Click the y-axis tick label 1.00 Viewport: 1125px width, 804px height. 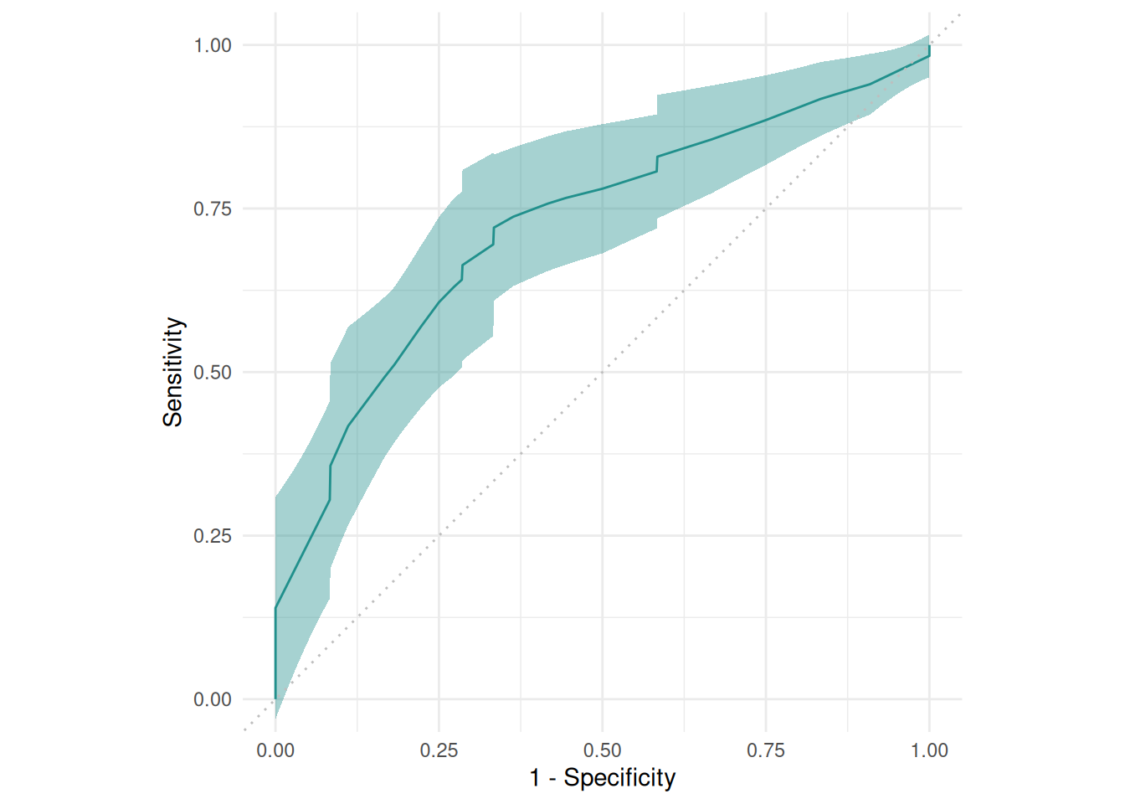212,45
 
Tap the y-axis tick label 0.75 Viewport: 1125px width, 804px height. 212,209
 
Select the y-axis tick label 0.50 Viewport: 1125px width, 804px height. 212,372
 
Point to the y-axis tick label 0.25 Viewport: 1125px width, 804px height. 212,536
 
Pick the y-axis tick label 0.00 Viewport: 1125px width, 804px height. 212,699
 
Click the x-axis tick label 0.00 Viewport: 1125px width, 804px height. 275,750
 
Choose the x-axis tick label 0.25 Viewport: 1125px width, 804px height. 439,750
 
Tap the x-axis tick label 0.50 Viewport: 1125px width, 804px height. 602,750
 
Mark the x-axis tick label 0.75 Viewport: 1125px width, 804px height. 766,750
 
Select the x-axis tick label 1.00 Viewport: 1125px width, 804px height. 929,750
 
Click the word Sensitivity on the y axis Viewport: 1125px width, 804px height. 173,372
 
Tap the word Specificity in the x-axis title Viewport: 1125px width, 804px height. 619,778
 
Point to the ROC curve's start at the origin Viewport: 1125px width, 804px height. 275,698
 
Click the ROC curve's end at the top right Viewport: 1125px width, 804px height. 929,47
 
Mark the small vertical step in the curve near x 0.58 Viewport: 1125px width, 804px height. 657,163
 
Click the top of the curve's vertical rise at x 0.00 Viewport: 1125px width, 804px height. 275,609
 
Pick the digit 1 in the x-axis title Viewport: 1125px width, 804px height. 535,778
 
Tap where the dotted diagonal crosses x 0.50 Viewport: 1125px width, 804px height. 602,372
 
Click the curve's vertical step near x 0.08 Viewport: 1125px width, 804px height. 331,482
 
